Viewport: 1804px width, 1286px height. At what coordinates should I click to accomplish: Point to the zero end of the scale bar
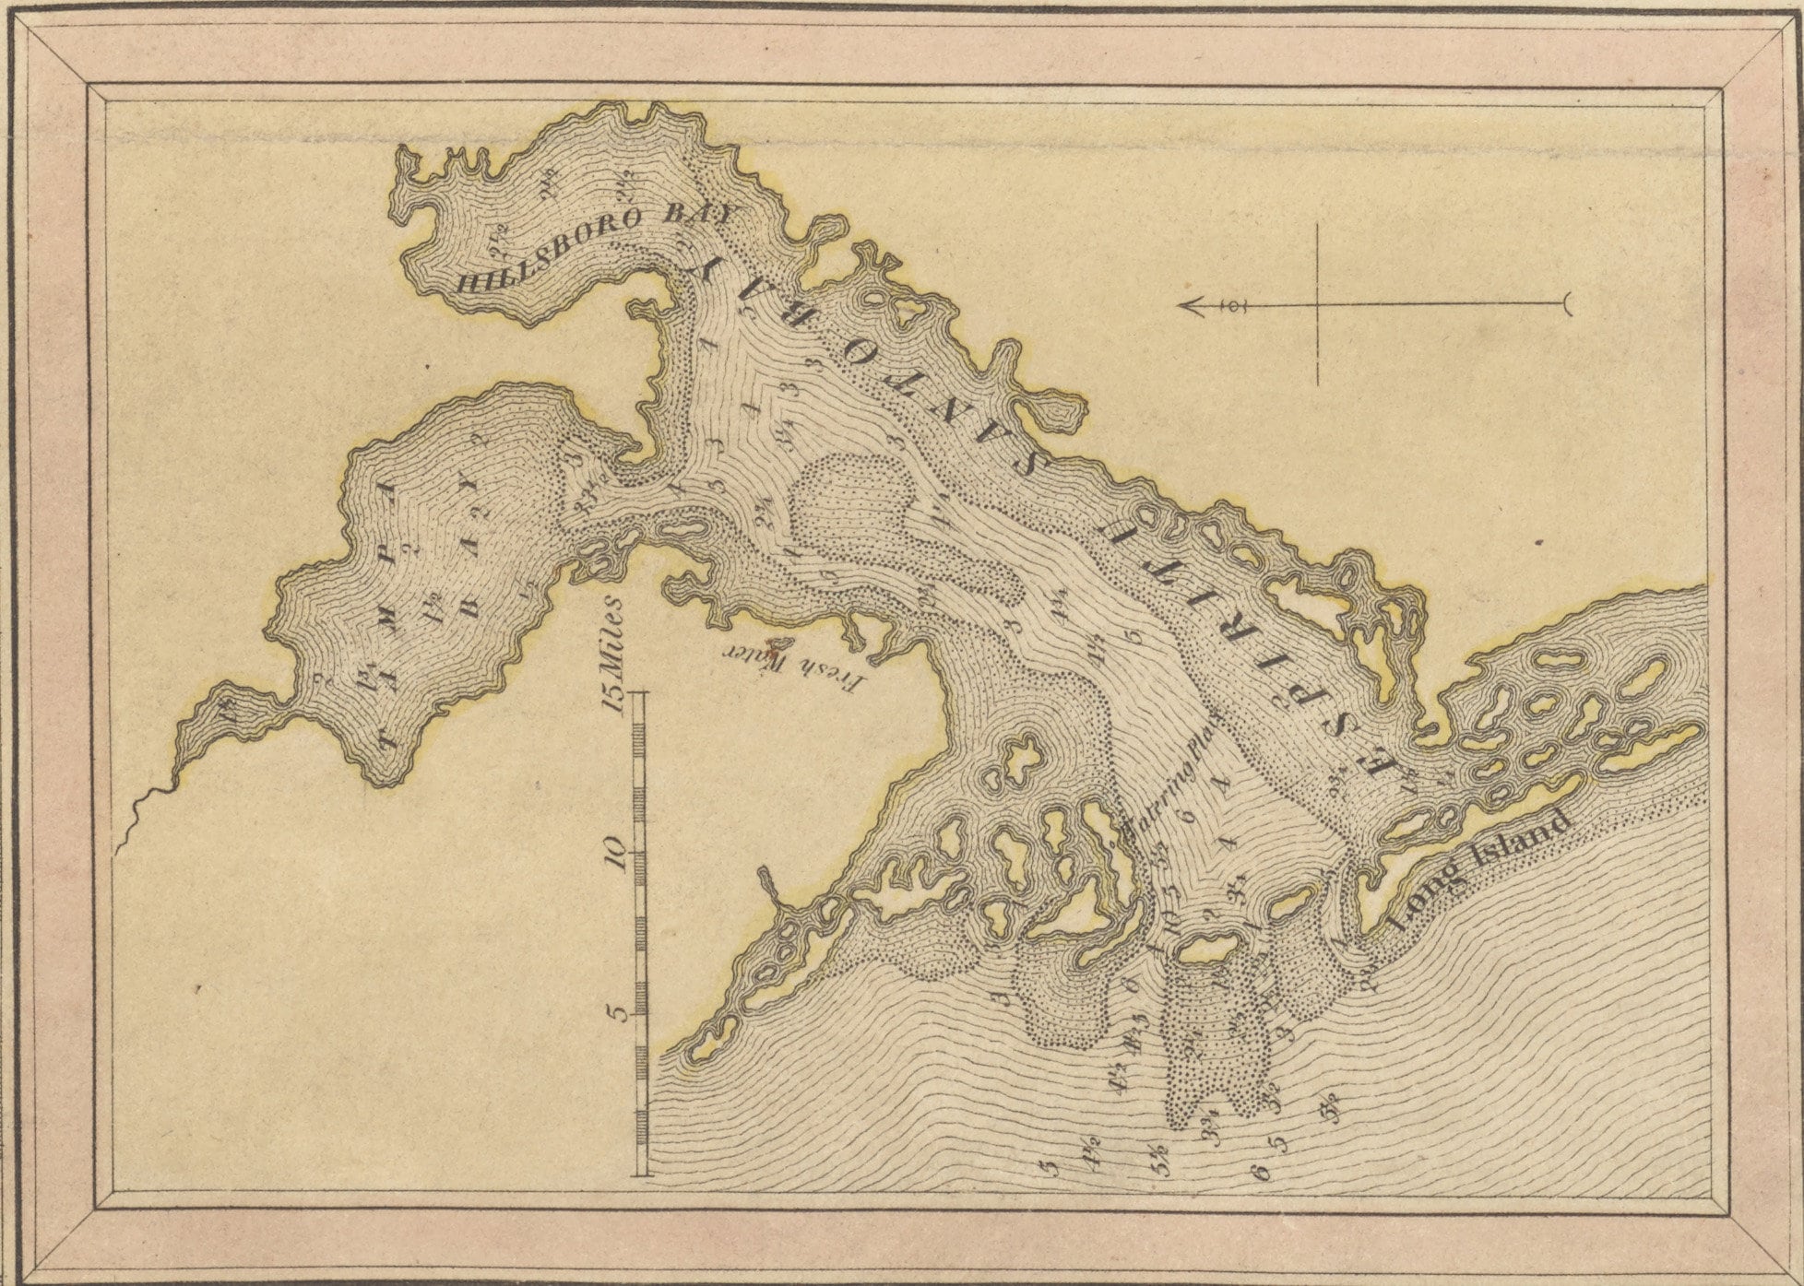pyautogui.click(x=642, y=1174)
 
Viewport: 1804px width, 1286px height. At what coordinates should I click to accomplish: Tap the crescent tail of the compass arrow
pyautogui.click(x=1565, y=303)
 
